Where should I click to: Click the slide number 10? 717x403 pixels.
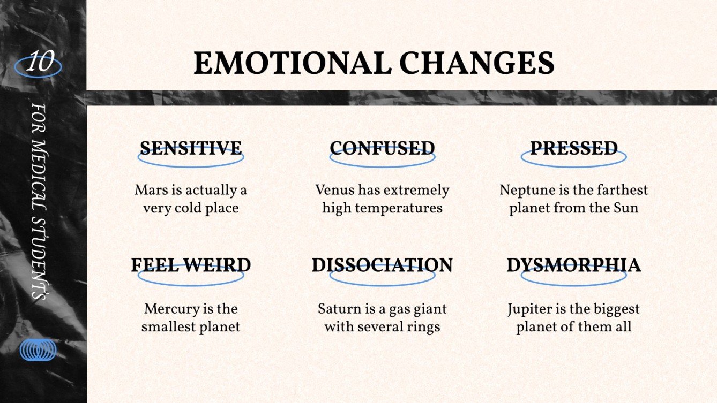(38, 63)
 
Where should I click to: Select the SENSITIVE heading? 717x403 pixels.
(191, 148)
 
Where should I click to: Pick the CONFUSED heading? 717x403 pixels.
(382, 148)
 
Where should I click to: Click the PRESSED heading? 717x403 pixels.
(574, 148)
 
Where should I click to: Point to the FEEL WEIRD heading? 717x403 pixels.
(191, 265)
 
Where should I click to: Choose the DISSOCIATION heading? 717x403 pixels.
(382, 265)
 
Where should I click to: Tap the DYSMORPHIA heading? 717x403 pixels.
(574, 265)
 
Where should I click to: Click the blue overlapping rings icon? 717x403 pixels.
(38, 350)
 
